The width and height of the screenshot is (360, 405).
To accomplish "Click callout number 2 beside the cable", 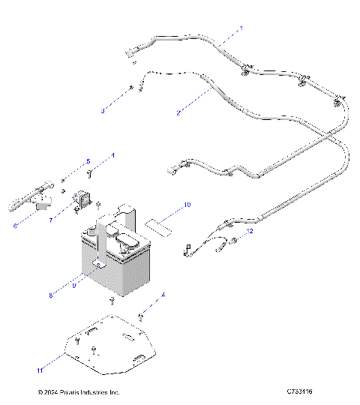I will pyautogui.click(x=178, y=112).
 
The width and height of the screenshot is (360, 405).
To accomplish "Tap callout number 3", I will pyautogui.click(x=103, y=112).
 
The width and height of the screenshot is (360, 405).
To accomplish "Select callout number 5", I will pyautogui.click(x=87, y=161).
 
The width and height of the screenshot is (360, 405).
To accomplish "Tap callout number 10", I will pyautogui.click(x=187, y=204).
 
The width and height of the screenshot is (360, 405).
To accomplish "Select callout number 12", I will pyautogui.click(x=250, y=232).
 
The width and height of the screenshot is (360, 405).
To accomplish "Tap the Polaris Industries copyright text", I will pyautogui.click(x=79, y=391).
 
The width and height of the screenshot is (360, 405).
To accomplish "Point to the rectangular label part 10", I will pyautogui.click(x=158, y=223).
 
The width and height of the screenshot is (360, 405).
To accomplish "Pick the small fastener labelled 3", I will pyautogui.click(x=131, y=88).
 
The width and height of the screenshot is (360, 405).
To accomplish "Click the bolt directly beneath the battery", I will pyautogui.click(x=112, y=302).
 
